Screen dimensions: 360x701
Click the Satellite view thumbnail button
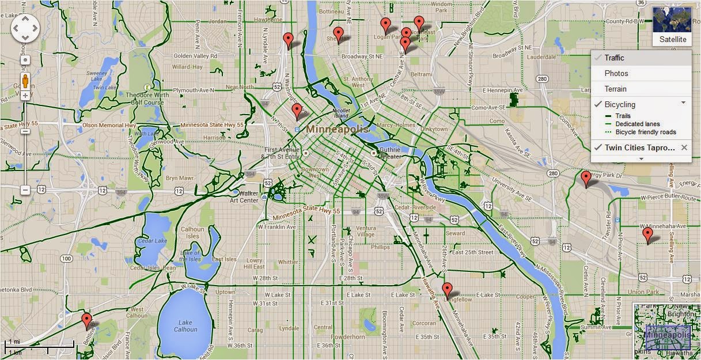click(x=672, y=26)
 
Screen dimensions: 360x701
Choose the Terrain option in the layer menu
click(x=615, y=89)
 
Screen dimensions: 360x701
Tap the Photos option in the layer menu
click(x=616, y=74)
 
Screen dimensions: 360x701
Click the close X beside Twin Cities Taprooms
click(x=684, y=148)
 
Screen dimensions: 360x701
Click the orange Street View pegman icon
click(x=25, y=81)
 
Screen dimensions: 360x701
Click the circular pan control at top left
click(x=25, y=27)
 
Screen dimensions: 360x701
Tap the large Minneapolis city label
click(x=338, y=129)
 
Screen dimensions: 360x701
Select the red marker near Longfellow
click(x=447, y=290)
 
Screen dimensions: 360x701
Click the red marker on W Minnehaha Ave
click(x=648, y=234)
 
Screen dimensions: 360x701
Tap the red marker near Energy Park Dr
click(x=586, y=178)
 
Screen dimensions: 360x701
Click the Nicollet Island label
click(x=342, y=112)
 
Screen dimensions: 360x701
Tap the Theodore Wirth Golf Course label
click(x=145, y=99)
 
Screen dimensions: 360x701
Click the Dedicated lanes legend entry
click(x=637, y=124)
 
